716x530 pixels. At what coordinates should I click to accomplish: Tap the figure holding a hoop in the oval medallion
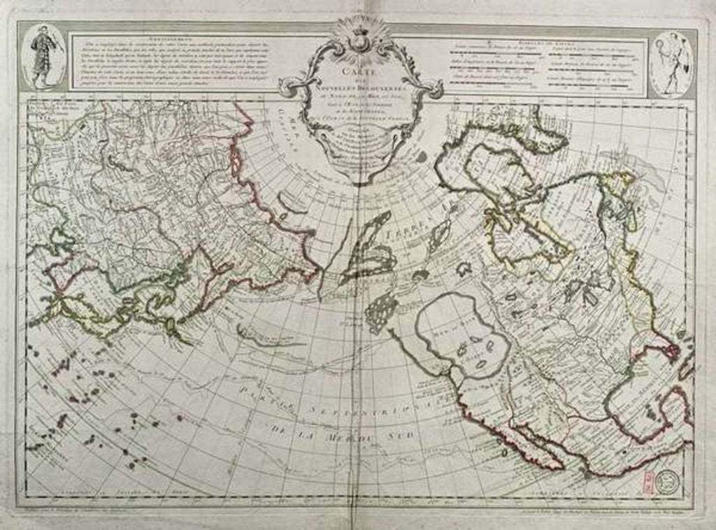672,64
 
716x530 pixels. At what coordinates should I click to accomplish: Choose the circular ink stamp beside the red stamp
668,480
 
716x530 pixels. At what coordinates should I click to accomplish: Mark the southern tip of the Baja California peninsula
559,466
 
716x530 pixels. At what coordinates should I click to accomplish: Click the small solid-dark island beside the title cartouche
420,158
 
